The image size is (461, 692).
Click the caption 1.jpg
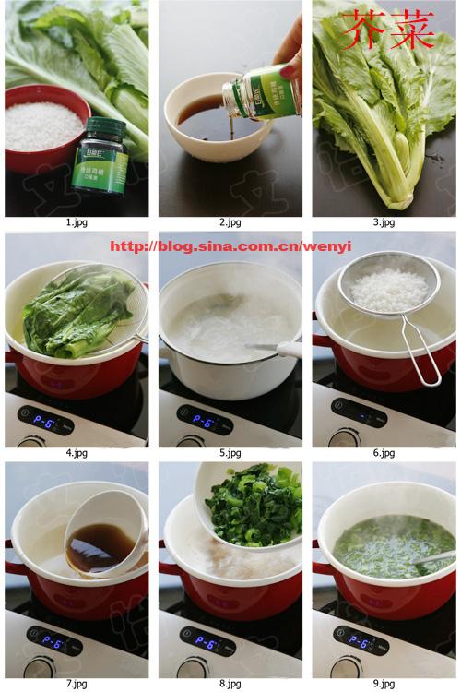77,222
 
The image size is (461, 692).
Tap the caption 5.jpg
230,453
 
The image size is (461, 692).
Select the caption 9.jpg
384,684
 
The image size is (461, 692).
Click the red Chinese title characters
387,30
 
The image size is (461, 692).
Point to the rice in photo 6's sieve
387,289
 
